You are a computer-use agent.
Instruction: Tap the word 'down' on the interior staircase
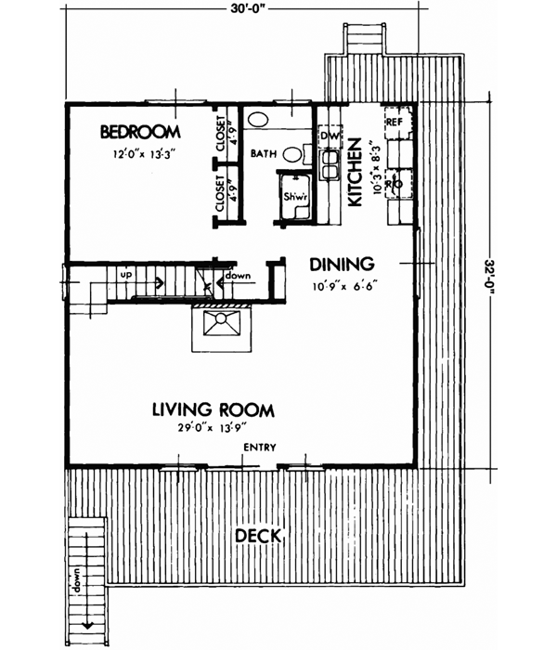[238, 276]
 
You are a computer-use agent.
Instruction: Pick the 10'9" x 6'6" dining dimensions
[342, 285]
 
